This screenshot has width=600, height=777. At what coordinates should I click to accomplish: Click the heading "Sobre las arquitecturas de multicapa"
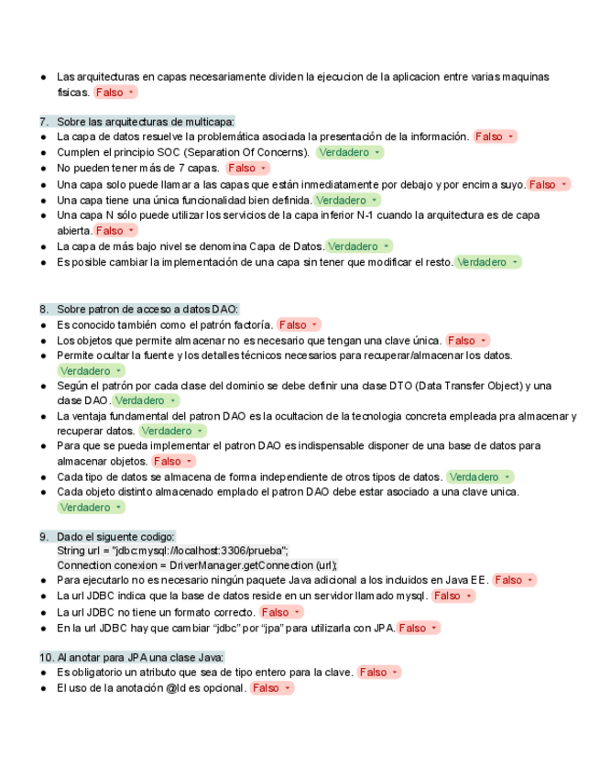[x=146, y=122]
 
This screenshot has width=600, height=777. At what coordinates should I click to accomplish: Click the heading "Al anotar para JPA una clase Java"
[x=140, y=657]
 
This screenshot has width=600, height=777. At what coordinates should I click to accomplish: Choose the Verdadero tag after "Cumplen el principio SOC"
[x=350, y=152]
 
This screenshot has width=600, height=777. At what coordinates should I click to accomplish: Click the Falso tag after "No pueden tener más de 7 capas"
[x=247, y=168]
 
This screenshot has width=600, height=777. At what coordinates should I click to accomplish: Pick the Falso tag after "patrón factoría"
[x=299, y=324]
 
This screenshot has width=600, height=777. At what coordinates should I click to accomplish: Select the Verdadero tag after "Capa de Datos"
[x=359, y=246]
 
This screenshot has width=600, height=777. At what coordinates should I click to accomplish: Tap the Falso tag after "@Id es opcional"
[x=271, y=688]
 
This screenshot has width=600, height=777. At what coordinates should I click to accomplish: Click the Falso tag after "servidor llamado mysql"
[x=453, y=596]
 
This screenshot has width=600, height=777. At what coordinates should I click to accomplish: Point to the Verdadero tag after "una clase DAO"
[x=146, y=400]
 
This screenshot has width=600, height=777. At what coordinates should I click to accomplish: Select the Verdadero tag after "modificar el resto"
[x=488, y=262]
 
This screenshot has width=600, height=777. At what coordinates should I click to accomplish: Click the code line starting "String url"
[x=172, y=551]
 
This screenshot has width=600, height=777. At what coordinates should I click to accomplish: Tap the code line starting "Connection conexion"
[x=197, y=565]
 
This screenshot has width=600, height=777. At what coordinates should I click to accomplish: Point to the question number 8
[x=43, y=309]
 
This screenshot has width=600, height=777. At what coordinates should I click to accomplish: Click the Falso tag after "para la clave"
[x=379, y=672]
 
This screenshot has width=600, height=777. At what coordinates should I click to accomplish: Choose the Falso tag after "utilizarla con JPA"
[x=419, y=628]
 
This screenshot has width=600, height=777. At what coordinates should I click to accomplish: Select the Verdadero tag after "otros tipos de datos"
[x=480, y=476]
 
